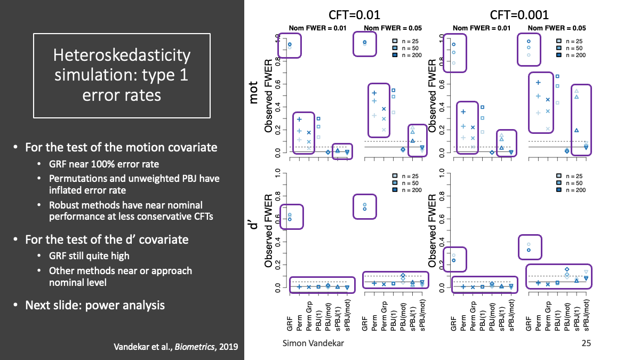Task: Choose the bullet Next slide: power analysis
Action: coord(95,306)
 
